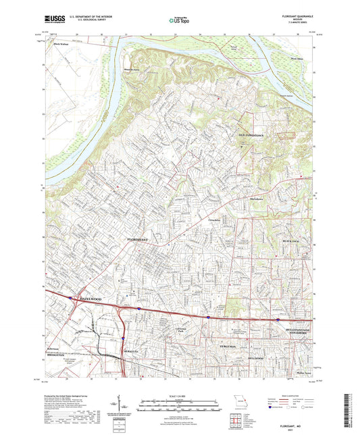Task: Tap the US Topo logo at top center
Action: [179, 21]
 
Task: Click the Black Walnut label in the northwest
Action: [61, 45]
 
